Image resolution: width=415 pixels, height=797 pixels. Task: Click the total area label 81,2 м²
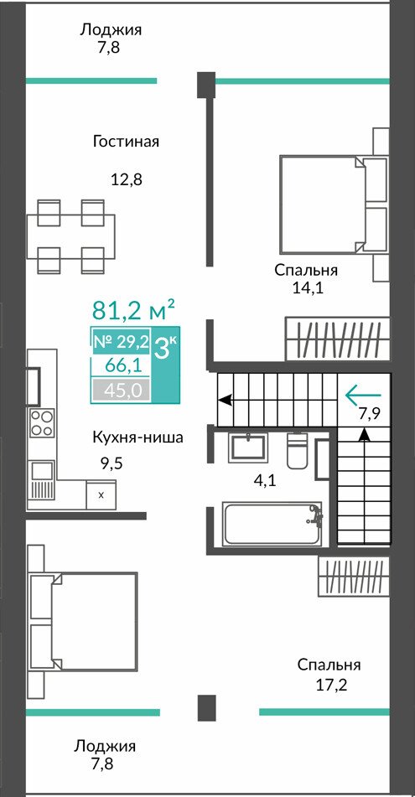coord(134,309)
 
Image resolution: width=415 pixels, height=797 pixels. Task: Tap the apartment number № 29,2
coord(121,342)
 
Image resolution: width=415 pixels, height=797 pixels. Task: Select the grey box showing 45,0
coord(121,391)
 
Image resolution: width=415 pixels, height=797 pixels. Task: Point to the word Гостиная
coord(126,141)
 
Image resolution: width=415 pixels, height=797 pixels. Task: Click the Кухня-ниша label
coord(137,437)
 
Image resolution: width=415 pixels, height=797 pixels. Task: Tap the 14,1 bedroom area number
coord(307,288)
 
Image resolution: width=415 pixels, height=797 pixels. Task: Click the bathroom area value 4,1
coord(264,480)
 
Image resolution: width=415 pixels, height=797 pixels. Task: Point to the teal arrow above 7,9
coord(363,395)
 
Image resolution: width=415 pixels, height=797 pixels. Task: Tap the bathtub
coord(272,524)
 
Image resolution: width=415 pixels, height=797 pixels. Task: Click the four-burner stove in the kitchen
coord(42,422)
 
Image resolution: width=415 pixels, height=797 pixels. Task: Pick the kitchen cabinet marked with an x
coord(101,494)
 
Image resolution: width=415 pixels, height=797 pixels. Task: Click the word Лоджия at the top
coord(111,30)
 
